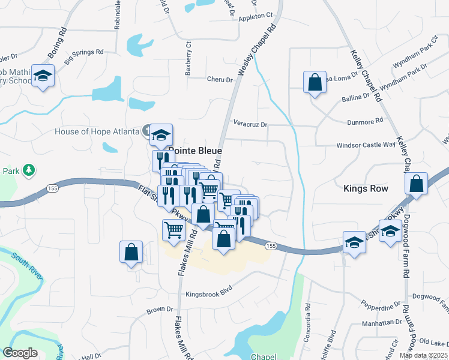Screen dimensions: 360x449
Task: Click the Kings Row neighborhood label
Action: click(x=366, y=188)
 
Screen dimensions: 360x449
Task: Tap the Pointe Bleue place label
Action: click(x=196, y=151)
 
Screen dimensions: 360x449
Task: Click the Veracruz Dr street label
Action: click(x=250, y=124)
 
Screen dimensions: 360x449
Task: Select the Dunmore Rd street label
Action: click(x=365, y=122)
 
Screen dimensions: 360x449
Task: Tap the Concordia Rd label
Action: click(x=307, y=315)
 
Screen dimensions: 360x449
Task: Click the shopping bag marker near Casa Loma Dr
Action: click(x=315, y=82)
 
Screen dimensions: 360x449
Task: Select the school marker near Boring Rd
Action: click(x=43, y=76)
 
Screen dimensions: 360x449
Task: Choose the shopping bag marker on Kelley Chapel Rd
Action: click(x=416, y=184)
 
